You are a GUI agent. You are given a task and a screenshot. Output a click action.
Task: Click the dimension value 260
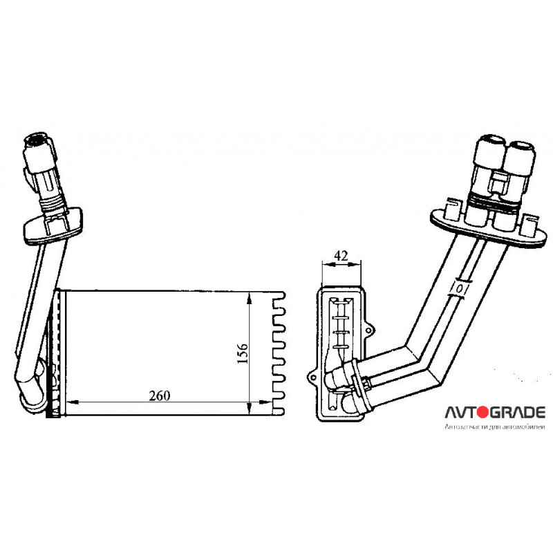[160, 395]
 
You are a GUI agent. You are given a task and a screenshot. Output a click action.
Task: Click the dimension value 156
[243, 353]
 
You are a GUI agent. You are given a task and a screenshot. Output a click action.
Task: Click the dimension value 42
[341, 255]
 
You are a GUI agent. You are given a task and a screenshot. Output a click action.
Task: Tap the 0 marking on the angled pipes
[460, 289]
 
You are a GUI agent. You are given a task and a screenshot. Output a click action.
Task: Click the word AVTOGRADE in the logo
[495, 412]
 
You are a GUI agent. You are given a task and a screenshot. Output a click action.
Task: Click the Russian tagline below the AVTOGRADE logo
[495, 427]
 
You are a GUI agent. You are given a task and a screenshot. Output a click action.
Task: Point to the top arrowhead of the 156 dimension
[250, 298]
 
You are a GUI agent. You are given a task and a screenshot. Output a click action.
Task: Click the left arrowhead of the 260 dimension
[73, 402]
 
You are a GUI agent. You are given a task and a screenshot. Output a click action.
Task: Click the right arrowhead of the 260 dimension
[265, 402]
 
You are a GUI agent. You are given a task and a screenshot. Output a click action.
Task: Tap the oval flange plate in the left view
[53, 226]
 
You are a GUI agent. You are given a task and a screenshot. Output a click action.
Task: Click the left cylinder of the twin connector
[489, 155]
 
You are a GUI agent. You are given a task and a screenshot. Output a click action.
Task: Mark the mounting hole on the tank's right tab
[368, 330]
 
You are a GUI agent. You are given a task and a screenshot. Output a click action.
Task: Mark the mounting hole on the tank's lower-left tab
[313, 377]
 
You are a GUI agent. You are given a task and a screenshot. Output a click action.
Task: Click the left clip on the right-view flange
[452, 209]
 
